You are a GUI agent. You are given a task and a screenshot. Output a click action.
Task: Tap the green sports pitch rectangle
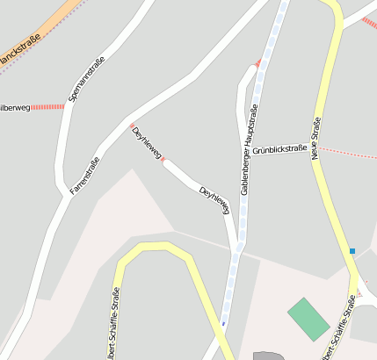point(309,319)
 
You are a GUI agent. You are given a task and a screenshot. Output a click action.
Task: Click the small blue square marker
point(352,251)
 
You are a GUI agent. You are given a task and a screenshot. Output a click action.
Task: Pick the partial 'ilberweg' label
point(15,108)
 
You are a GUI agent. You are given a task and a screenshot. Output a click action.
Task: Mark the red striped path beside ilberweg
point(49,107)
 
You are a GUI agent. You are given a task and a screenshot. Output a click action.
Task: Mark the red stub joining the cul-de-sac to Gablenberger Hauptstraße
point(257,63)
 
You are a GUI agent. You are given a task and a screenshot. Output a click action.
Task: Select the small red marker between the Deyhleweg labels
point(163,160)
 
